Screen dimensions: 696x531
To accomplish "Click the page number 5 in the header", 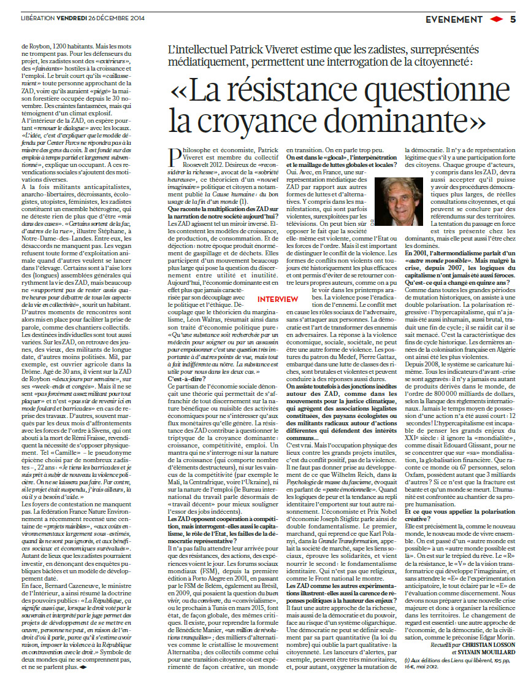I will point(513,19).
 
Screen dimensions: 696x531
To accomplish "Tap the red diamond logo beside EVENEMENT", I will point(495,19).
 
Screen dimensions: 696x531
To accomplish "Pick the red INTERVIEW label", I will point(278,299).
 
